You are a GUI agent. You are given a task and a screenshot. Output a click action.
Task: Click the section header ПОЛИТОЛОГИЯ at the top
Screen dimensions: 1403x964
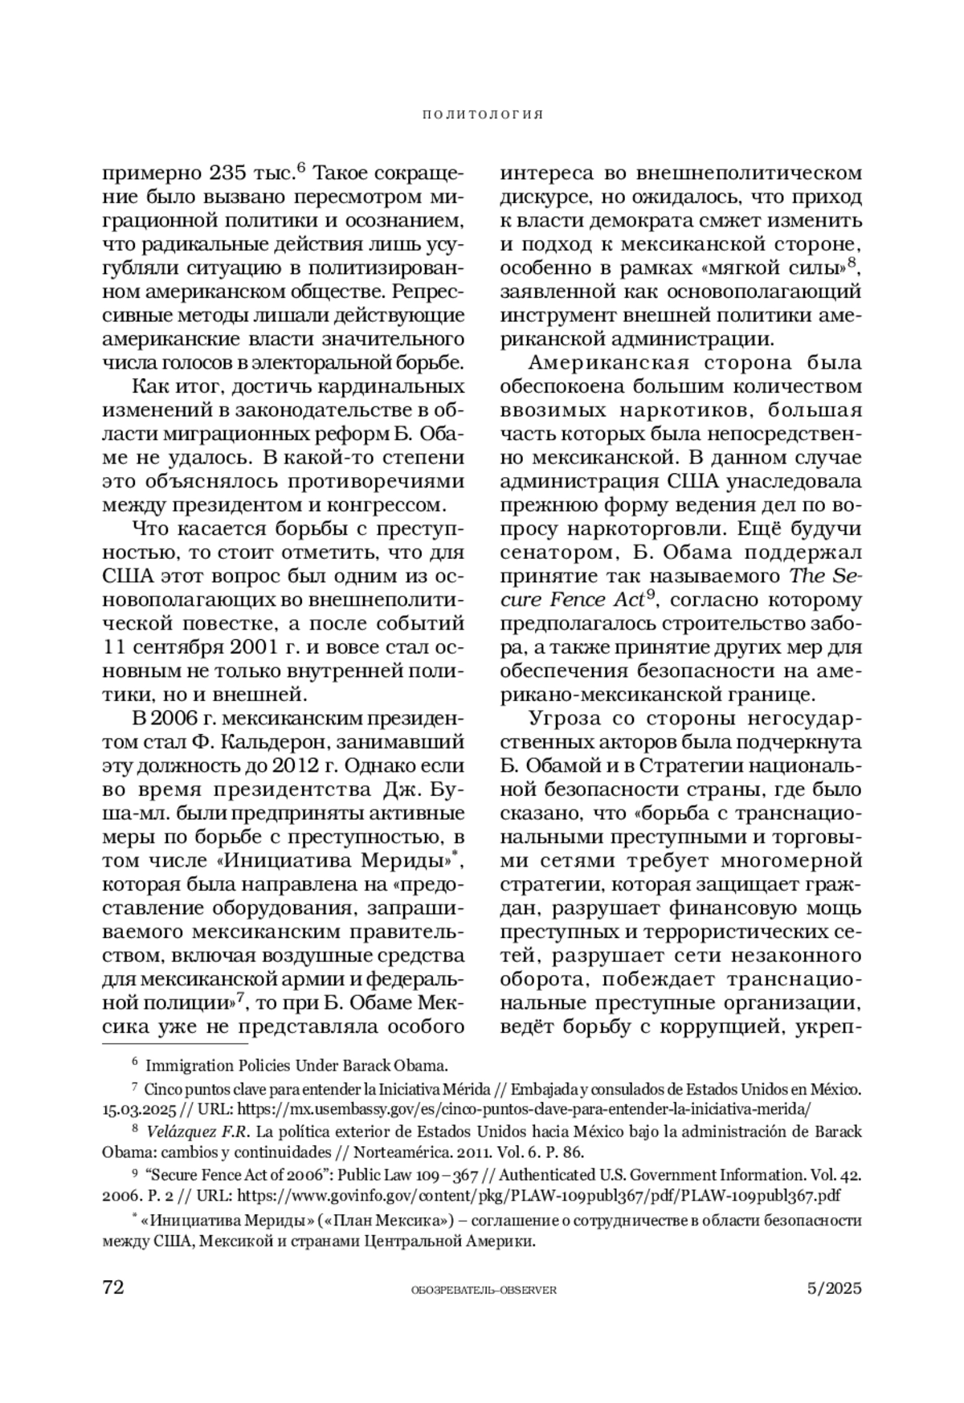[x=483, y=115]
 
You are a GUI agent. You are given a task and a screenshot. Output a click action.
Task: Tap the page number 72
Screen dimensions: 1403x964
[x=113, y=1287]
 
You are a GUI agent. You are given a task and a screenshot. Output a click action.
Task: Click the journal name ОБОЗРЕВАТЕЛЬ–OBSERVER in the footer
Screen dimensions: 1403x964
[x=483, y=1290]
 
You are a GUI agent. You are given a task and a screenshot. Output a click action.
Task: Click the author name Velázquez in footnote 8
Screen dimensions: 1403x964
[x=185, y=1132]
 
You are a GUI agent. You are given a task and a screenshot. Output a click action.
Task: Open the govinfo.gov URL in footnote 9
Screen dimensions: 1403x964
[x=539, y=1195]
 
